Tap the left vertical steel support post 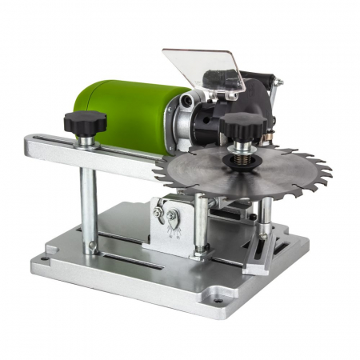pos(90,200)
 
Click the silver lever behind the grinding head pos(275,92)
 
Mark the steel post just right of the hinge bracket pos(202,224)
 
